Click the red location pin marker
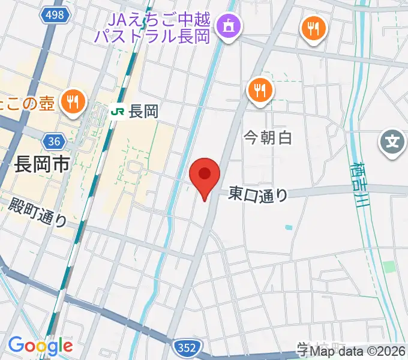coord(205,176)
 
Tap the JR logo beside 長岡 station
coord(118,112)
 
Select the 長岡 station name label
coord(143,112)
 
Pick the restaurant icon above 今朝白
coord(260,91)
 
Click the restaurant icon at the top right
coord(313,27)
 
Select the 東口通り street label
coord(259,193)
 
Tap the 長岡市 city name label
coord(41,164)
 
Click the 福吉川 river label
coord(361,185)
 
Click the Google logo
coord(40,346)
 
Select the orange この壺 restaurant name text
coord(27,103)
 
